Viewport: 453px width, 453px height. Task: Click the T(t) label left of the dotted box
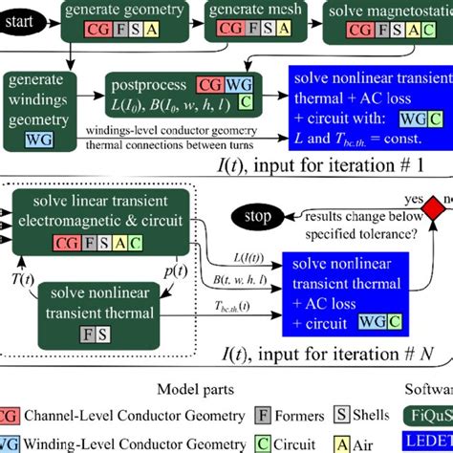pos(21,278)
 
